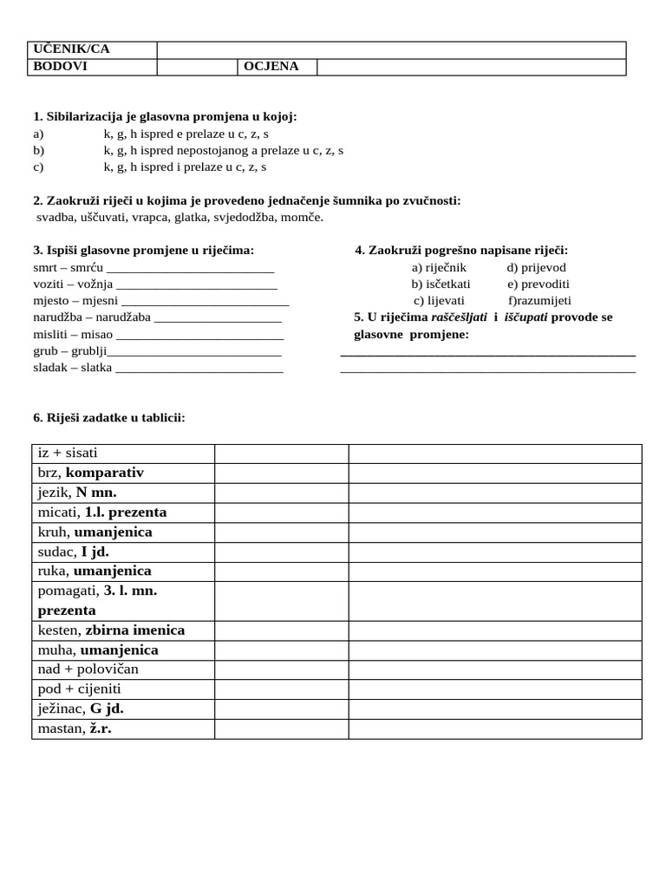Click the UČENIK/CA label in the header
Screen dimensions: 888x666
click(x=71, y=49)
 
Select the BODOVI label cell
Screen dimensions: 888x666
click(x=60, y=67)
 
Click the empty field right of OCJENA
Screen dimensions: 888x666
click(x=471, y=67)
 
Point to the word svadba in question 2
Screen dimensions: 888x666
click(x=55, y=217)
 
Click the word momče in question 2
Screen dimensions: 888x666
click(x=302, y=217)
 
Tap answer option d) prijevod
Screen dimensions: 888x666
click(x=537, y=268)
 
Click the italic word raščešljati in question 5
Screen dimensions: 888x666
click(x=460, y=317)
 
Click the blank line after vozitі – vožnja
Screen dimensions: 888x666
click(x=196, y=285)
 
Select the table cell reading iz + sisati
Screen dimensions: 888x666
click(x=68, y=454)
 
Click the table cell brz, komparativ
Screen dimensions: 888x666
click(x=90, y=473)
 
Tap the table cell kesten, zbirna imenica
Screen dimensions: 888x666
click(x=111, y=630)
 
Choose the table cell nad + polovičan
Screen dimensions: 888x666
click(x=88, y=669)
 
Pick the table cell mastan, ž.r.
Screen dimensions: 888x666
click(x=75, y=728)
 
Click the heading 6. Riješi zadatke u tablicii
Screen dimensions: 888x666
click(x=108, y=418)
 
